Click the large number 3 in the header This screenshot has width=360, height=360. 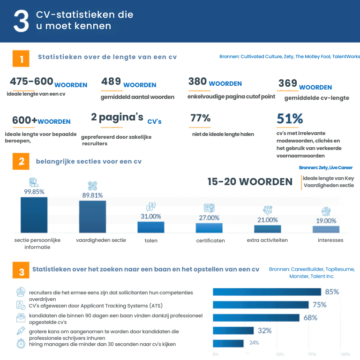[21, 21]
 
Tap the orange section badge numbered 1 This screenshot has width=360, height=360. [21, 59]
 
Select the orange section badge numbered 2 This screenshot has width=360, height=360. [21, 162]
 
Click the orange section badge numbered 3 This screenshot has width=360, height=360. [21, 272]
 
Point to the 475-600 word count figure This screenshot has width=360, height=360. [31, 82]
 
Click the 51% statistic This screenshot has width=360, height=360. [290, 119]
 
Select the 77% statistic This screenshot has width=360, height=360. [200, 119]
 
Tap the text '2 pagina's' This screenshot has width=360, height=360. [117, 117]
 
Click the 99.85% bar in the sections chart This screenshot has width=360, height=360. [34, 215]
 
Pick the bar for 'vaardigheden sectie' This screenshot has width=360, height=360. [92, 217]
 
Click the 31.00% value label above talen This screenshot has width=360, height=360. [151, 217]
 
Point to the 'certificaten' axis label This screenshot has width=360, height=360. [210, 240]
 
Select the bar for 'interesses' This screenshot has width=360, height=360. [326, 229]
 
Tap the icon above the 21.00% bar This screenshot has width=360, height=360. [268, 210]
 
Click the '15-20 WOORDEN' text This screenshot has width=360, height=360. [250, 182]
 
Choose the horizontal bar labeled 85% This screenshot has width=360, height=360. [267, 292]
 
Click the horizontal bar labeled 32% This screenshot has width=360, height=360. [233, 330]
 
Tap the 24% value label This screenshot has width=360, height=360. [254, 343]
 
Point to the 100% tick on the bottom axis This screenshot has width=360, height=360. [345, 354]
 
